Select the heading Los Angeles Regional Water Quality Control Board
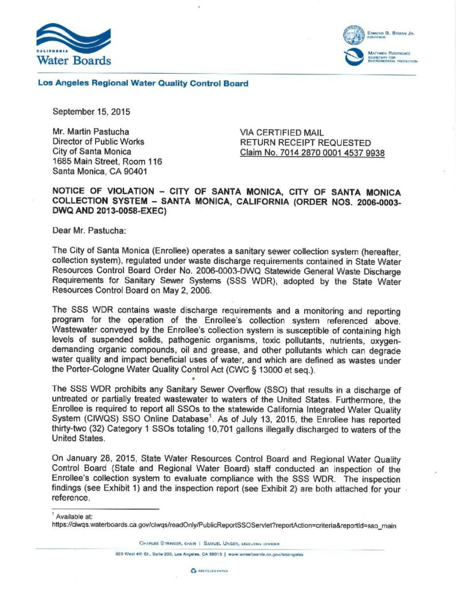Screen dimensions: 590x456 (143, 84)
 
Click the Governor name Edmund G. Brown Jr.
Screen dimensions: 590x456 (390, 33)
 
